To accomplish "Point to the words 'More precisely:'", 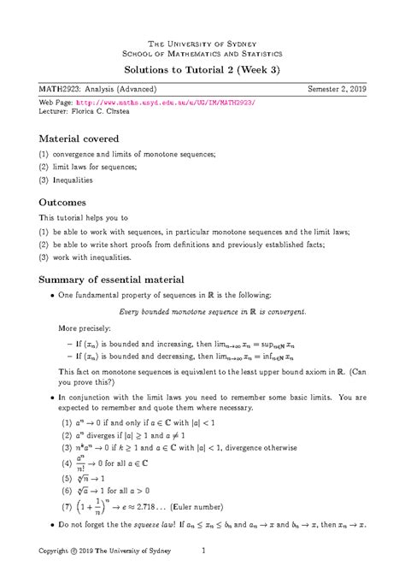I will click(x=84, y=327).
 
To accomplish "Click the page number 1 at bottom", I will click(x=202, y=552).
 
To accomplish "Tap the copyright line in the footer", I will click(x=103, y=552).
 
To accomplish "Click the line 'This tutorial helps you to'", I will click(x=84, y=220).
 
